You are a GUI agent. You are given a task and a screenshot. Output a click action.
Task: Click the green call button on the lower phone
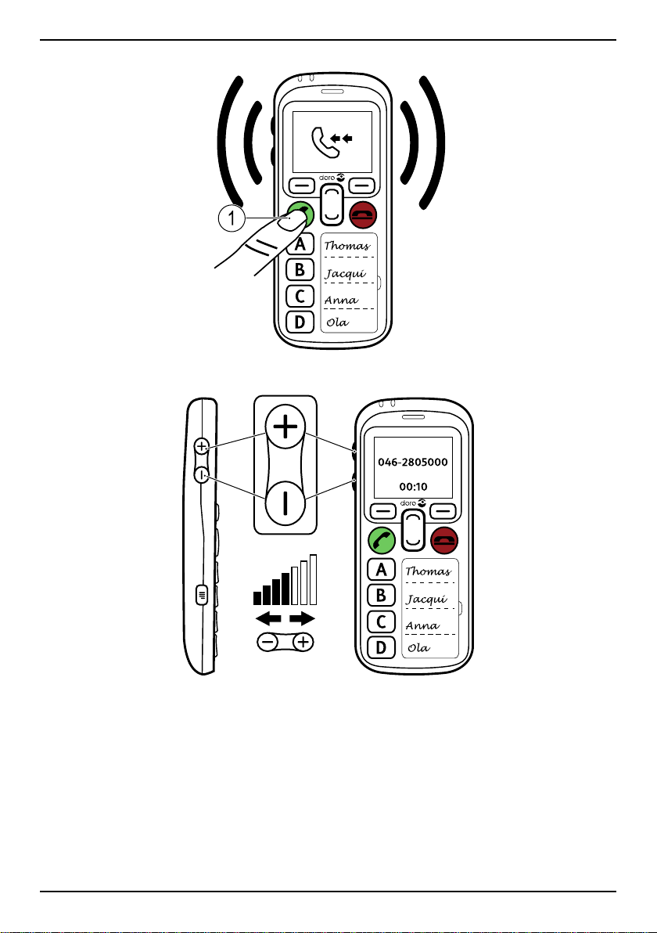[x=381, y=540]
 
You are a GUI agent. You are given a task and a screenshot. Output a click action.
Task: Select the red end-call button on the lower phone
[x=446, y=540]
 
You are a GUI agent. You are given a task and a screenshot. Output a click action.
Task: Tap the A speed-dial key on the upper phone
[x=299, y=245]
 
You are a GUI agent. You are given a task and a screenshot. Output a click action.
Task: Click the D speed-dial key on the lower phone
[x=381, y=649]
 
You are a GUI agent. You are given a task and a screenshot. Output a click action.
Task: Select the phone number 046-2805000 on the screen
[x=413, y=462]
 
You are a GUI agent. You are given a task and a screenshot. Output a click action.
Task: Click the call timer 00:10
[x=413, y=485]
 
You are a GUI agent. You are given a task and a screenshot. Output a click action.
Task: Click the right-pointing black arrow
[x=302, y=619]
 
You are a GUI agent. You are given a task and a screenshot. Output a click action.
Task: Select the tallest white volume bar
[x=313, y=579]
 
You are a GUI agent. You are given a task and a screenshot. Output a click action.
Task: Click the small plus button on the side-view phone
[x=202, y=446]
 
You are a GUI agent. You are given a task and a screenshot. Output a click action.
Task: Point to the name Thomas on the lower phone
[x=427, y=571]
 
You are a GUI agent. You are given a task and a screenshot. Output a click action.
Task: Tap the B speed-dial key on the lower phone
[x=381, y=596]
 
